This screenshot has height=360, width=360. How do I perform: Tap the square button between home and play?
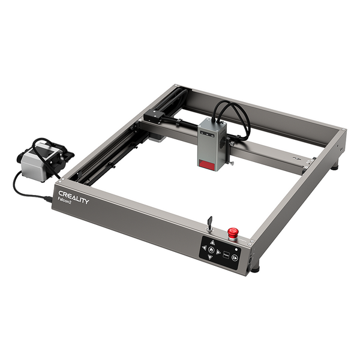click(227, 254)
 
